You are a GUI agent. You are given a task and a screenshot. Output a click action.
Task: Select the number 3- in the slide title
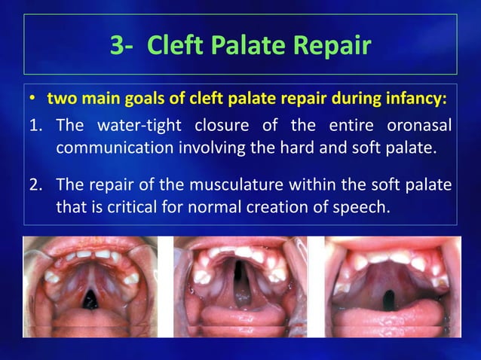coord(123,46)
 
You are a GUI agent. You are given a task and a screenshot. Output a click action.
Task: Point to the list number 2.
coord(35,185)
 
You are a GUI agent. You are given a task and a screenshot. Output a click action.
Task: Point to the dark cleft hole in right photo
coord(394,294)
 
